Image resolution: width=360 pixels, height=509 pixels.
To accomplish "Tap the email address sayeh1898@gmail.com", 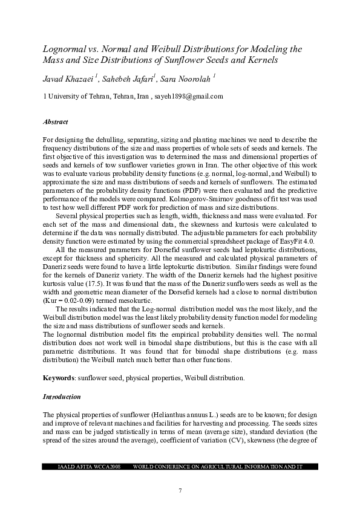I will tap(189, 96).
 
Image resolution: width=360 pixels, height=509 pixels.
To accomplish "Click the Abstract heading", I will tap(56, 122).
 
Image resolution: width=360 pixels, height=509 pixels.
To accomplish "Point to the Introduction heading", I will tap(61, 397).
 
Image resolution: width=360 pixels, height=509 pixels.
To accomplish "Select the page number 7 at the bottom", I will tap(180, 490).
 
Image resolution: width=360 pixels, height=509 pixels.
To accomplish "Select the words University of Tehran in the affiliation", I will tap(80, 96).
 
